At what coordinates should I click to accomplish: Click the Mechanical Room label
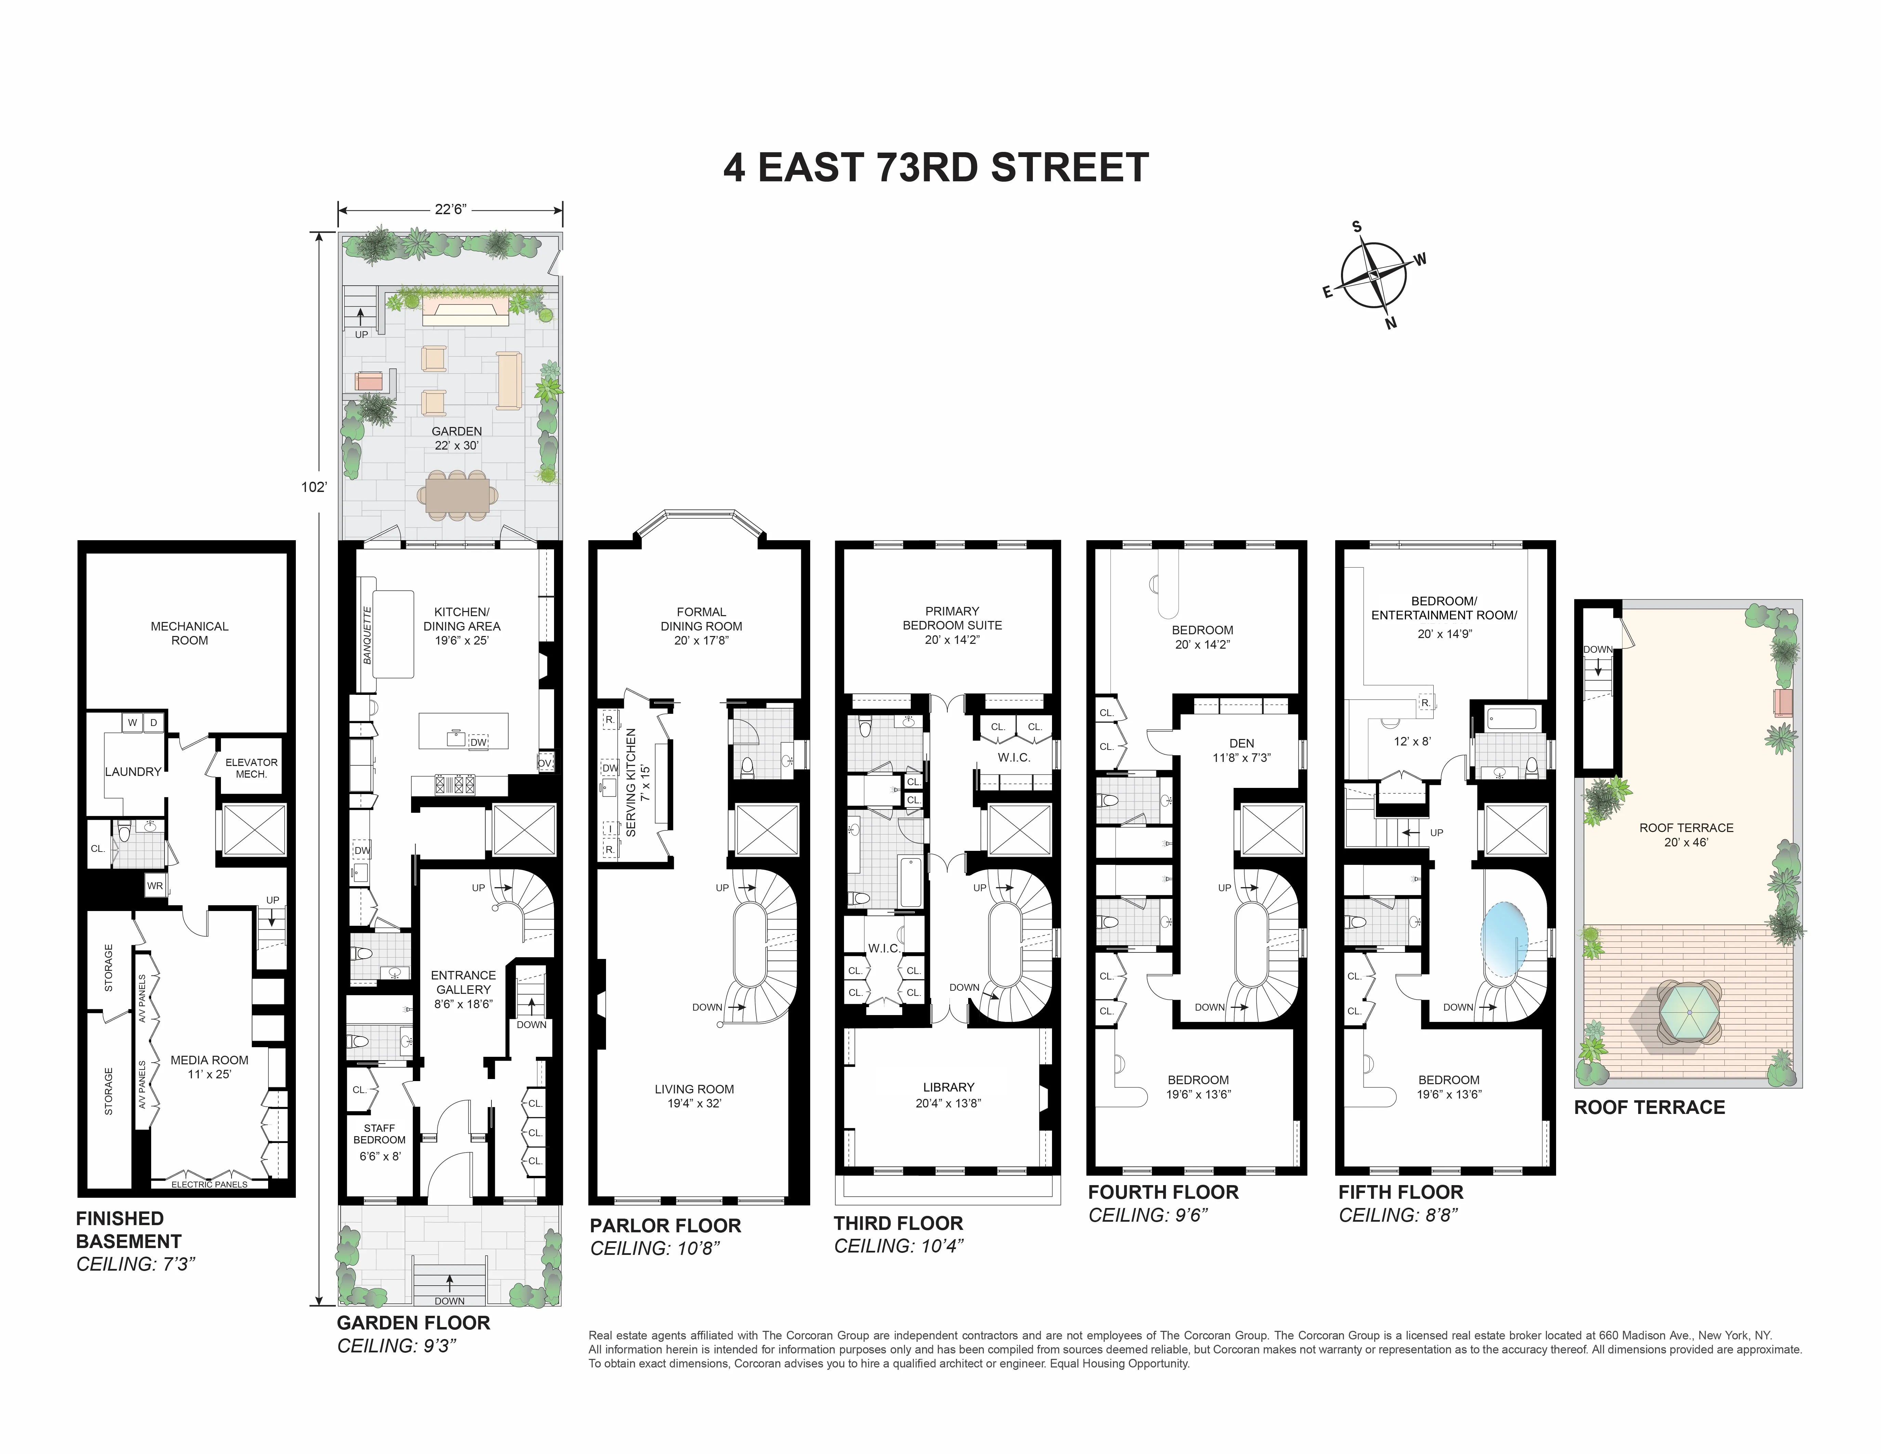[x=189, y=633]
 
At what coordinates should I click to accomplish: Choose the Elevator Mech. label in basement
[x=251, y=767]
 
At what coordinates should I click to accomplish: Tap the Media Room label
[x=209, y=1066]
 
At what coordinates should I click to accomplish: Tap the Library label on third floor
[x=948, y=1094]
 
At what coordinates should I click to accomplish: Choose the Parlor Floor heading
[x=665, y=1225]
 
